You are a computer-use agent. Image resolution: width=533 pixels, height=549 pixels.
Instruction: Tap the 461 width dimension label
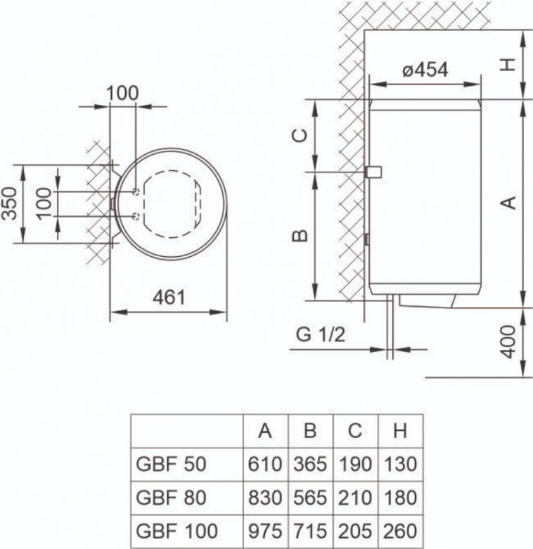(x=169, y=297)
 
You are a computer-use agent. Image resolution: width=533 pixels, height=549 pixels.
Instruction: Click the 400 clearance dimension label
(x=512, y=342)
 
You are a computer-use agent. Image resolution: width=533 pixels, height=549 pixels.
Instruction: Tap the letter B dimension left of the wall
(x=300, y=235)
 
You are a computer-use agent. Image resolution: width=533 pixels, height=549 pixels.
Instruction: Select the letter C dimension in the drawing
(x=300, y=135)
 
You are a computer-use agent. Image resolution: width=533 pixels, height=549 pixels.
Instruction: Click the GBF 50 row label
(x=169, y=465)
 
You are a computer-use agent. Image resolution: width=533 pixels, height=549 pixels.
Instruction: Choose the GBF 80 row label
(x=169, y=497)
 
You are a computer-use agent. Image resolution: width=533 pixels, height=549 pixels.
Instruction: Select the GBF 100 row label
(x=175, y=529)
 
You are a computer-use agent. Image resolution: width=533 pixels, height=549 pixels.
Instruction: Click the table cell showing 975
(x=265, y=529)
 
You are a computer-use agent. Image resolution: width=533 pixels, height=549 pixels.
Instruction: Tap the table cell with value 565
(x=310, y=497)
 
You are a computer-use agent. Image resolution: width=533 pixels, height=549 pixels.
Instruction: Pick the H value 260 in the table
(x=400, y=529)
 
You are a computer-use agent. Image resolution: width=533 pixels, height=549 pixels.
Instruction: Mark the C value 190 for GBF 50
(x=355, y=465)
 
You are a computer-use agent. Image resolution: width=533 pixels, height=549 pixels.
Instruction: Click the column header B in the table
(x=310, y=431)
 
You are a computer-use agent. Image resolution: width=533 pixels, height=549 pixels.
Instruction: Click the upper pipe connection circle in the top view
(x=135, y=191)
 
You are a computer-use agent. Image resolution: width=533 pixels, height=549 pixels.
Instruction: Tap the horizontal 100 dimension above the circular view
(x=122, y=93)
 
